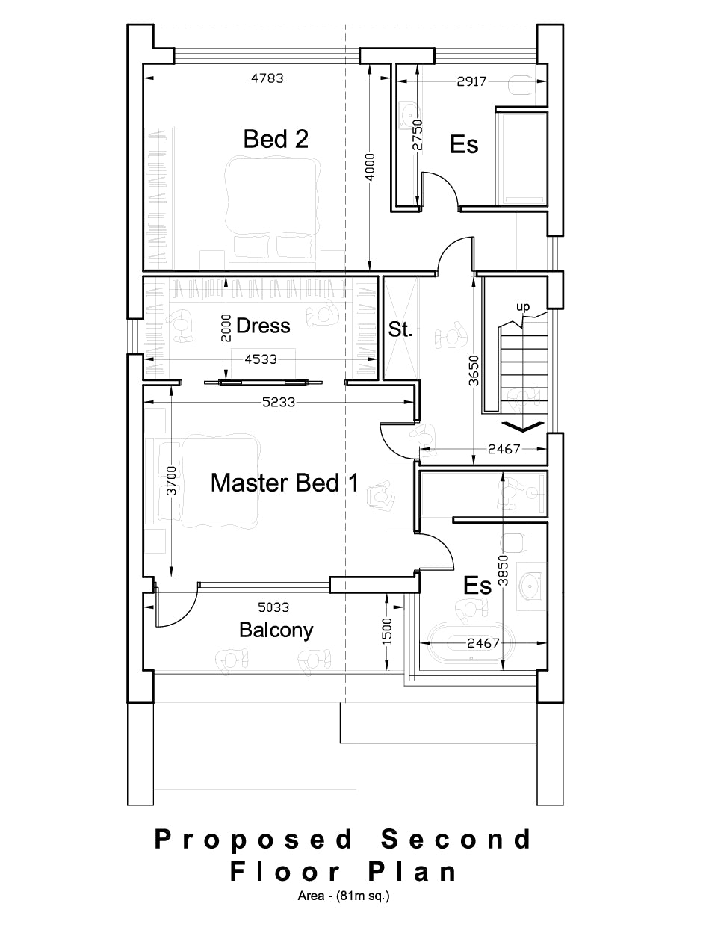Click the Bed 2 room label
[276, 139]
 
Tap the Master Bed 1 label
[284, 483]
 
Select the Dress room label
[262, 326]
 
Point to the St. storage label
[400, 329]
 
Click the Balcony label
[276, 630]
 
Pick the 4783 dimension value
[267, 78]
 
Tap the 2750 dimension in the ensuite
[418, 137]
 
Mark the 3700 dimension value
[171, 482]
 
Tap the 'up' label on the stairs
[522, 306]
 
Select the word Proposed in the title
[253, 840]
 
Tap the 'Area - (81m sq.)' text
[343, 896]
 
